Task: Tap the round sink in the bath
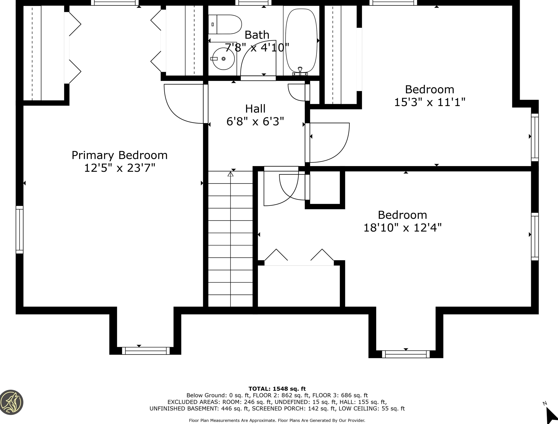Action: pyautogui.click(x=223, y=59)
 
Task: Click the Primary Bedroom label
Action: pyautogui.click(x=119, y=155)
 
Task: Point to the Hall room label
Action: pyautogui.click(x=255, y=109)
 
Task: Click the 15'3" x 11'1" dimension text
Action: pyautogui.click(x=429, y=102)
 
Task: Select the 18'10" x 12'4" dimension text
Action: pyautogui.click(x=402, y=228)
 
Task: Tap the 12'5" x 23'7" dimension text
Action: pyautogui.click(x=119, y=168)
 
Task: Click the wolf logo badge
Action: pyautogui.click(x=11, y=402)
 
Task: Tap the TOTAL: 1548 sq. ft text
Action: pyautogui.click(x=277, y=389)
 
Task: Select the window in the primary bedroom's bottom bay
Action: pyautogui.click(x=146, y=351)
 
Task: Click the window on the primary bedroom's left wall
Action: pyautogui.click(x=20, y=229)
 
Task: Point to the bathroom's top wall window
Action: pyautogui.click(x=253, y=3)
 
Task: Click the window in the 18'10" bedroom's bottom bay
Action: pyautogui.click(x=406, y=354)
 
